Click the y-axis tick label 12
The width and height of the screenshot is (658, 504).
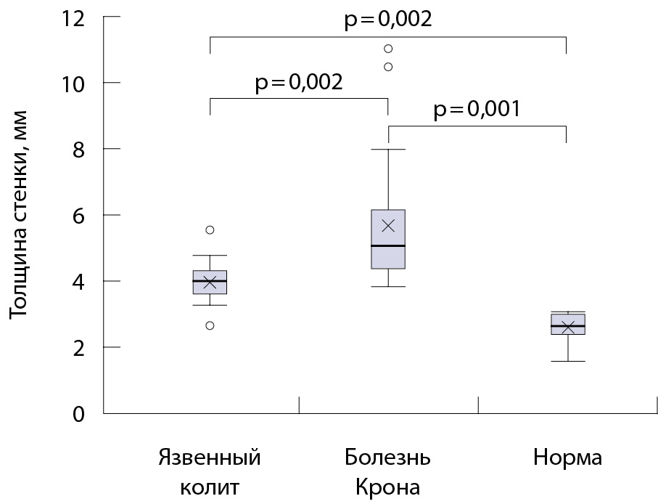[x=73, y=17]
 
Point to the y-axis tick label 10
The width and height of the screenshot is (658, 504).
[x=73, y=84]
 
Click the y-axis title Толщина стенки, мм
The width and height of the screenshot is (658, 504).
[x=20, y=214]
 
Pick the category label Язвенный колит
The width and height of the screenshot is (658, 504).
[x=209, y=472]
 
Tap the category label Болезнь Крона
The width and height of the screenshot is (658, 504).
[x=387, y=472]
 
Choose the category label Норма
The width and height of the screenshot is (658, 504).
[x=567, y=459]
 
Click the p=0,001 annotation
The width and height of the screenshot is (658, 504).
[x=477, y=110]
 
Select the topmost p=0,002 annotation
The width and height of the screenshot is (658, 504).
[x=387, y=19]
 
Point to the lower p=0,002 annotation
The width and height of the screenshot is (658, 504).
[x=298, y=82]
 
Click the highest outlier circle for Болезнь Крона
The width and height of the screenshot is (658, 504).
[x=388, y=49]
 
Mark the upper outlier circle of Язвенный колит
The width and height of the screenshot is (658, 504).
[x=210, y=229]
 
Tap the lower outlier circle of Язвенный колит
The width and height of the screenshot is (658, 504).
[x=210, y=325]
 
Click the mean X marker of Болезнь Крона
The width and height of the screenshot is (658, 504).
[x=388, y=226]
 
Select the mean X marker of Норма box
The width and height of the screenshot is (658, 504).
[x=567, y=328]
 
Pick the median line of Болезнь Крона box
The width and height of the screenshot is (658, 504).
[x=388, y=246]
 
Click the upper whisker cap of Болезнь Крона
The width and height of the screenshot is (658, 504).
[x=388, y=150]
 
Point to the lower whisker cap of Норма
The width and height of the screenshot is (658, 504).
[x=567, y=361]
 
